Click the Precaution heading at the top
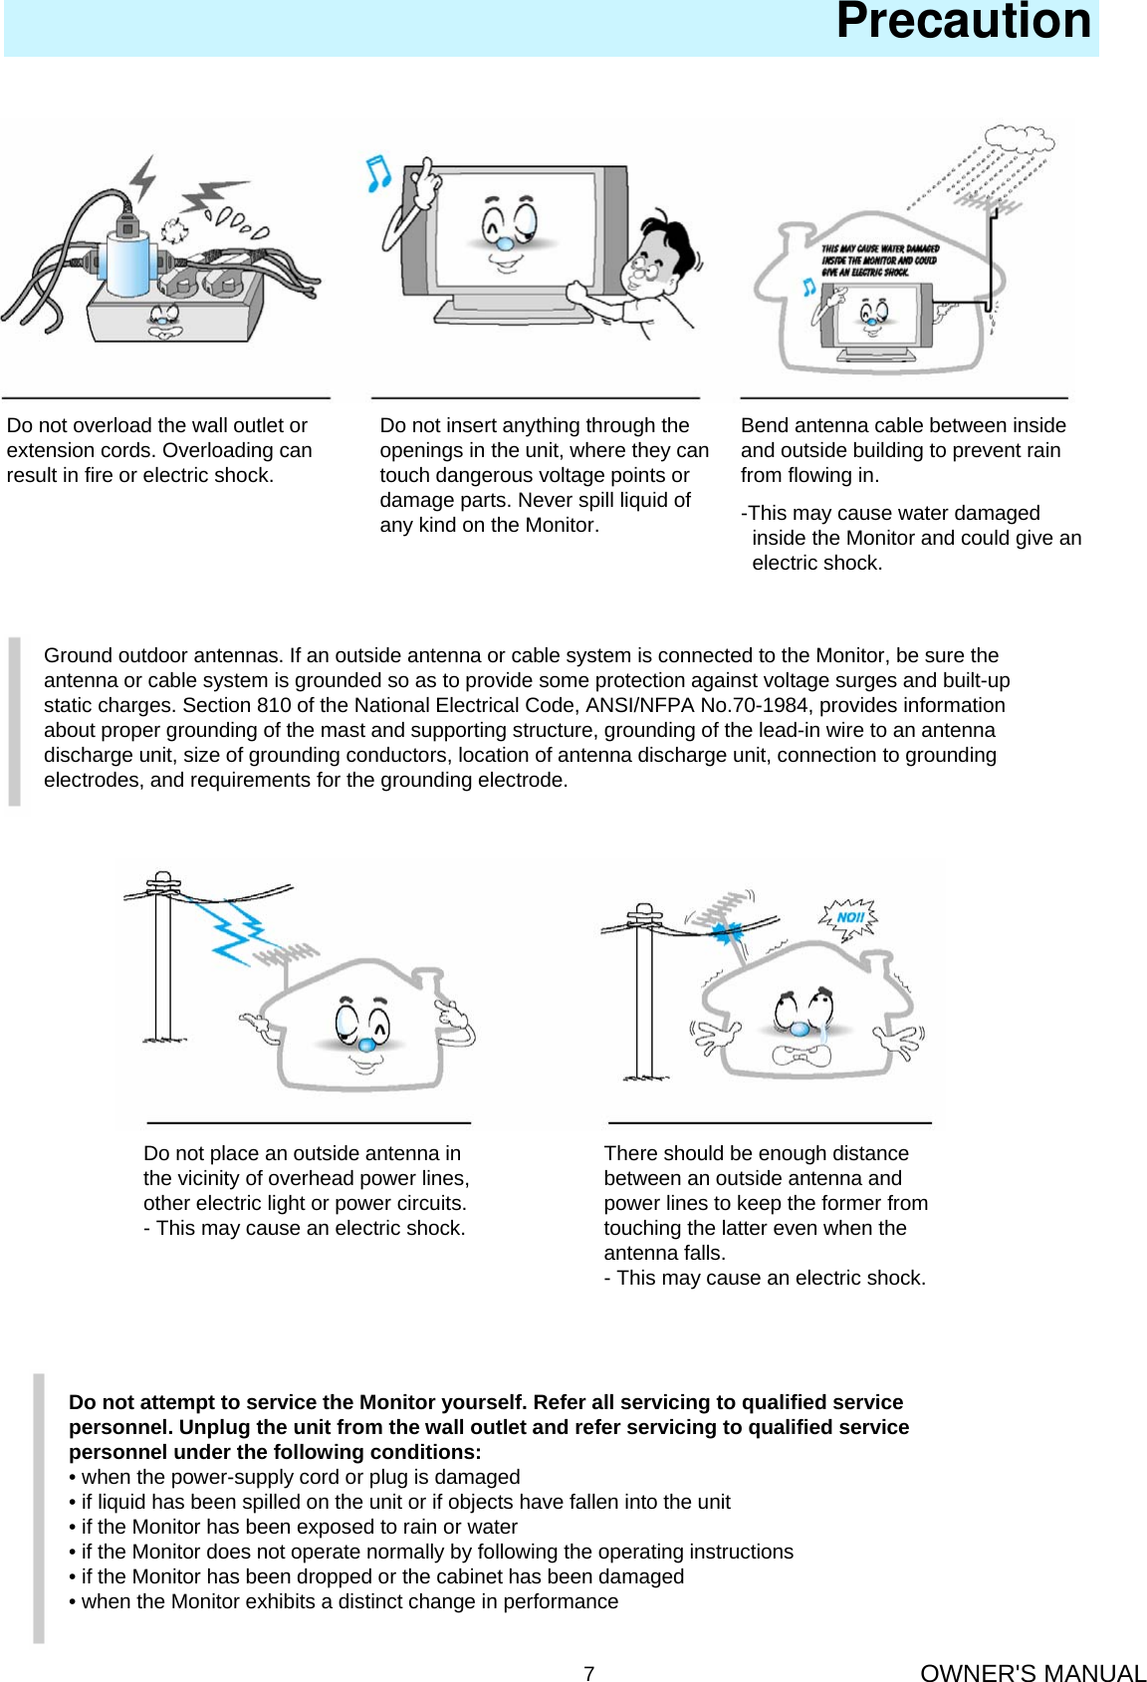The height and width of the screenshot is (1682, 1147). click(963, 22)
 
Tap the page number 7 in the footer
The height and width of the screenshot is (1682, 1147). click(588, 1673)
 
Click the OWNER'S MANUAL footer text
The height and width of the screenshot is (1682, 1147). click(1032, 1673)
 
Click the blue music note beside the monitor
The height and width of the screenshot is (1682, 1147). click(377, 174)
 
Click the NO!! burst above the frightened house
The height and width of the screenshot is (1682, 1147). click(848, 917)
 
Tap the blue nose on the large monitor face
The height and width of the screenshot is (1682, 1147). click(505, 243)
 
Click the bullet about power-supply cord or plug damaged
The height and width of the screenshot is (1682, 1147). click(295, 1477)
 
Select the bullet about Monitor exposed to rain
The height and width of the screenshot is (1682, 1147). click(295, 1527)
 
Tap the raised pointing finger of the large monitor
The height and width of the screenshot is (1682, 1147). click(427, 173)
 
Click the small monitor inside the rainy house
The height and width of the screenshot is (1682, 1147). click(875, 318)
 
